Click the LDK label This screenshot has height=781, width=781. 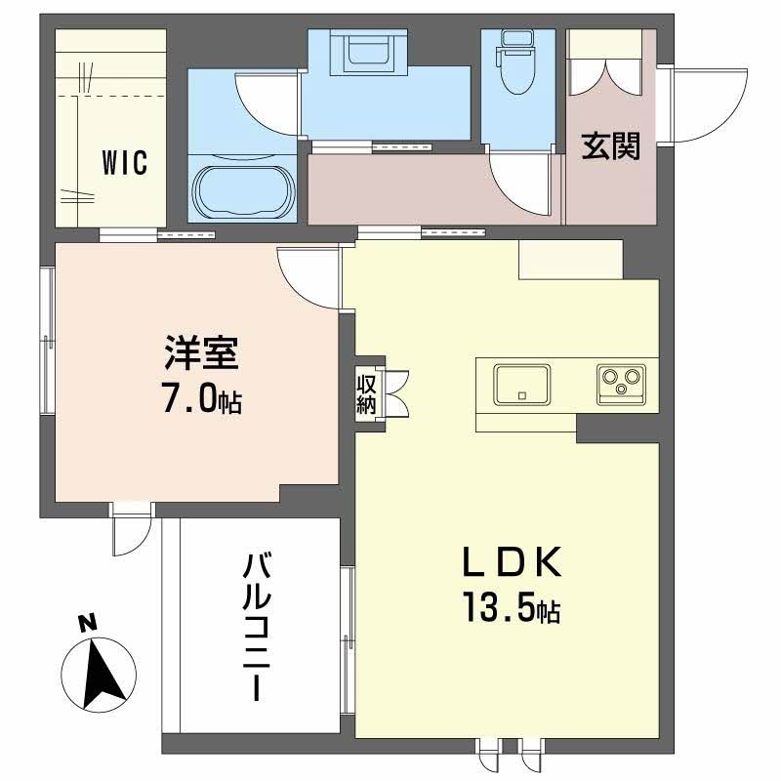click(511, 564)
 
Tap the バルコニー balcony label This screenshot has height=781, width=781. click(257, 625)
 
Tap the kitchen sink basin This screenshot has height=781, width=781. click(521, 384)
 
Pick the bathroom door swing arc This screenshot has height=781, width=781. click(266, 103)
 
